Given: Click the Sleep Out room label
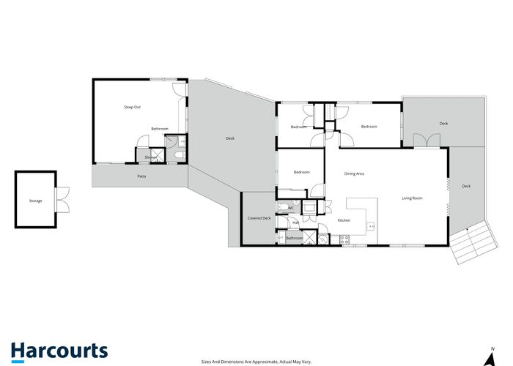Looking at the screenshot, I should point(132,107).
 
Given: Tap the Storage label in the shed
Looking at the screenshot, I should point(35,201).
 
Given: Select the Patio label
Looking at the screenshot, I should point(141,176).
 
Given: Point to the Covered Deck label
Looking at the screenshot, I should point(259,218).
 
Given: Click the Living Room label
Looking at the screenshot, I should point(412,198).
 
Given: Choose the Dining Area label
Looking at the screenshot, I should point(355,173).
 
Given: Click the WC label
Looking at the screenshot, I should point(291,208).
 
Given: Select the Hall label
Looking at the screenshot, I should point(295,223).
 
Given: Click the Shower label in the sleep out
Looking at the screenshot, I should point(150,157).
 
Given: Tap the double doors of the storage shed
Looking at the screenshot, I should point(63,199).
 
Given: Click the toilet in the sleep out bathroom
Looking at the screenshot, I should point(181,156).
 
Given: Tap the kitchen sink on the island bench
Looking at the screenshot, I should point(371,226).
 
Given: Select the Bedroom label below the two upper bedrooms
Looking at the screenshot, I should point(302,172).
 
